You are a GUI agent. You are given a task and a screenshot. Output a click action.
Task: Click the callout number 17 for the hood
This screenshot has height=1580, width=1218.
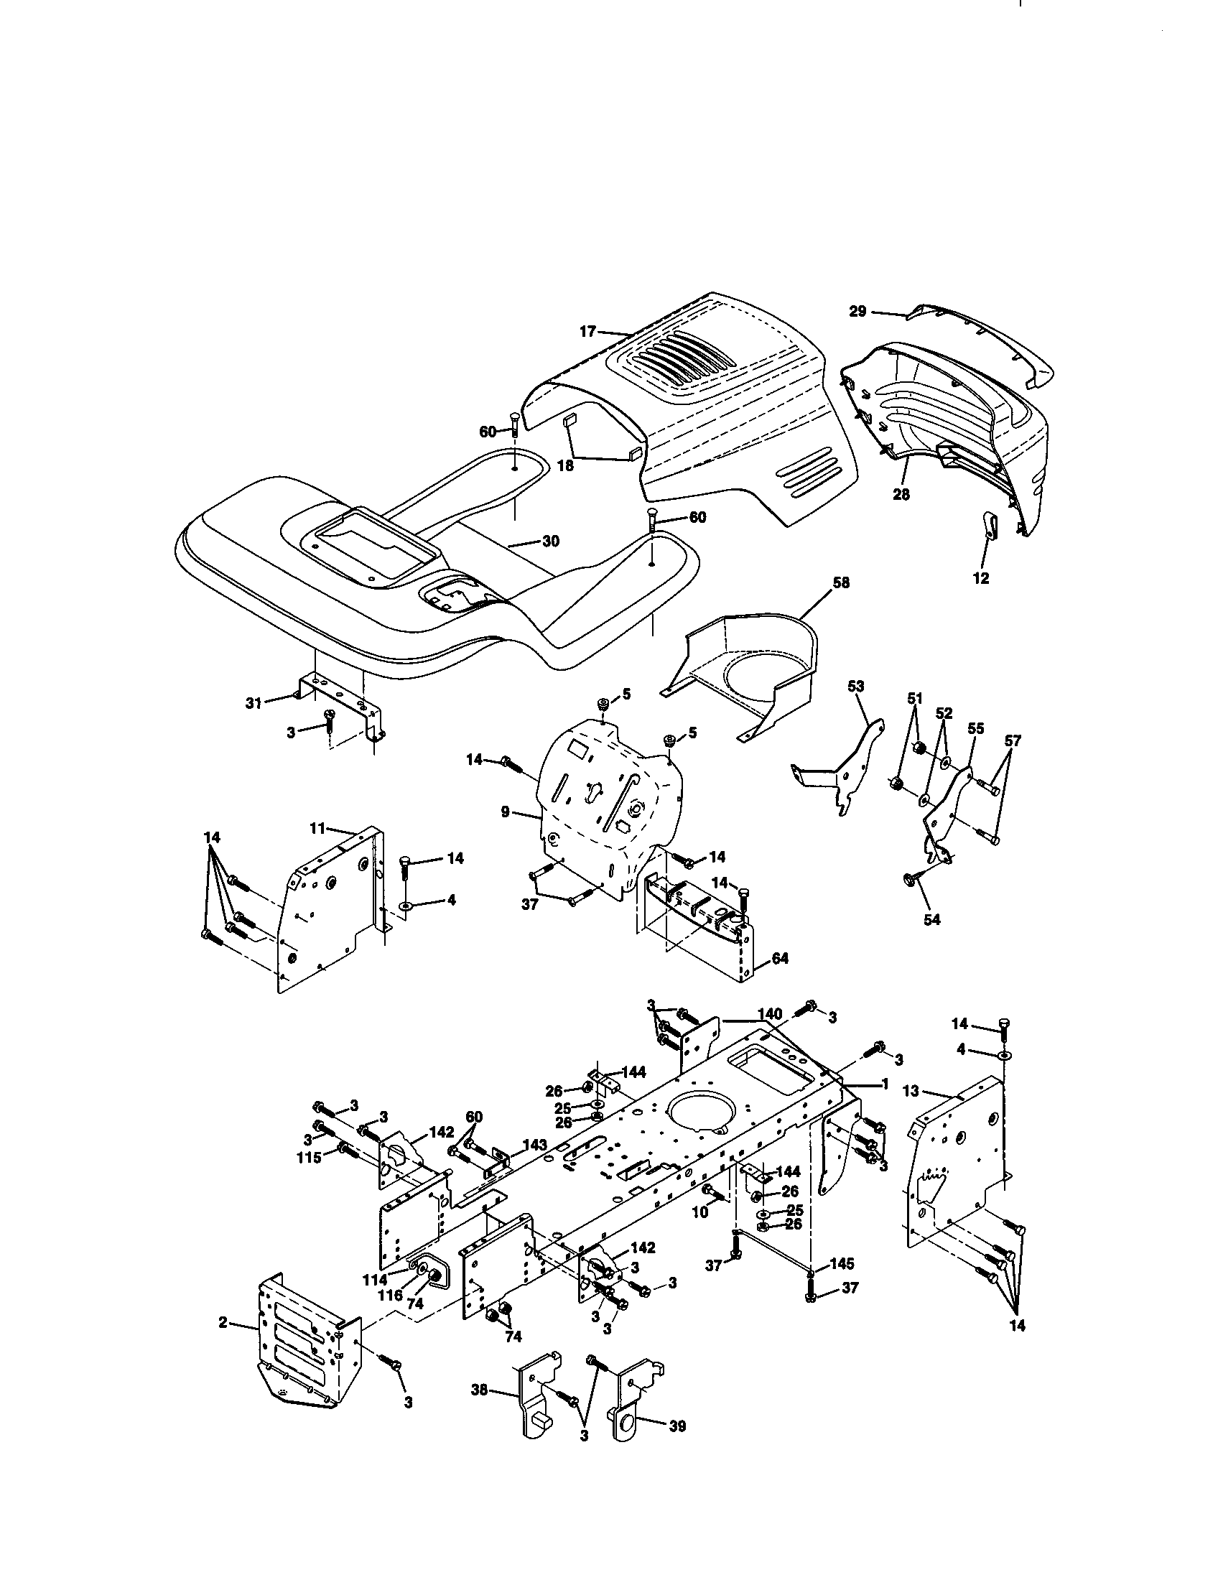(x=587, y=331)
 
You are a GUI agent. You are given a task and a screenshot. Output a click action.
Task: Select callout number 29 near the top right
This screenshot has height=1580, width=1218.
(x=857, y=311)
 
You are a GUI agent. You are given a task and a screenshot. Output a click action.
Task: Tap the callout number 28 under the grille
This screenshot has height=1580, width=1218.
(x=901, y=495)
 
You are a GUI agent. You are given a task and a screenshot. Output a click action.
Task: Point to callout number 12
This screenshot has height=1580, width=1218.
(x=982, y=578)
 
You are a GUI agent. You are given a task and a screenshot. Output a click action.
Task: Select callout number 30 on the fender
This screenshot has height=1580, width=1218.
(x=550, y=541)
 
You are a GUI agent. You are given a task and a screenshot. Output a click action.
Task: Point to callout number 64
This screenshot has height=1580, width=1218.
(x=780, y=959)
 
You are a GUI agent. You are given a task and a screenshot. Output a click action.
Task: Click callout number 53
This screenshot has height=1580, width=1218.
(x=855, y=686)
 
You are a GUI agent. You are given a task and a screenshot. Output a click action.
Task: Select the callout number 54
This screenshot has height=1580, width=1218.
(x=932, y=919)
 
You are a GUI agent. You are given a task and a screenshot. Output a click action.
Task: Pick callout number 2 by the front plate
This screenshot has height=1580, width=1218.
(x=223, y=1322)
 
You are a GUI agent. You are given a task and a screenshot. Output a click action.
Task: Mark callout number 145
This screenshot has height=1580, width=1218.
(x=842, y=1264)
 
